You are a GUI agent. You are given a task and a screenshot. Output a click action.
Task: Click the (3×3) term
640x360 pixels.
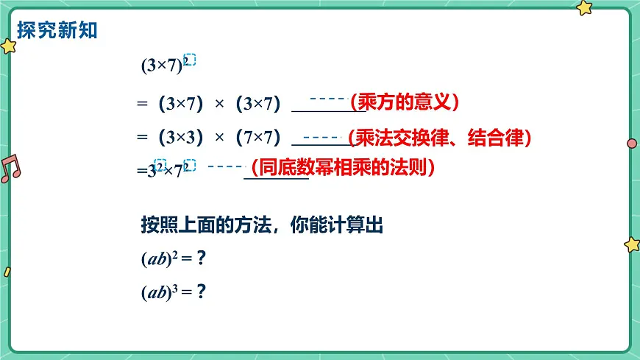180,138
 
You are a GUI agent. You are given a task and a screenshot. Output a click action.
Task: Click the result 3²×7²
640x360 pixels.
167,170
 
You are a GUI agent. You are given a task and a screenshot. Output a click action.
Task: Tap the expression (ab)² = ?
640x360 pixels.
172,258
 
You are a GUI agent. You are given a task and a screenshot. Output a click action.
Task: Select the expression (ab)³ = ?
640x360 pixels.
172,292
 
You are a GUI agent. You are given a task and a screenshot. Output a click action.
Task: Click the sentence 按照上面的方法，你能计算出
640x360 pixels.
262,225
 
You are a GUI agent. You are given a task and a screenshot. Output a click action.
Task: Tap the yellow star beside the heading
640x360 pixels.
9,47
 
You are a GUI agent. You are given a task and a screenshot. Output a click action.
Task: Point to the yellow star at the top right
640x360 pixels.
584,7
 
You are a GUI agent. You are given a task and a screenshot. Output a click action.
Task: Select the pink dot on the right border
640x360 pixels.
631,143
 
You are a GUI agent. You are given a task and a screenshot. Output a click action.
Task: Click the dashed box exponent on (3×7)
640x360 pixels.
189,60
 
